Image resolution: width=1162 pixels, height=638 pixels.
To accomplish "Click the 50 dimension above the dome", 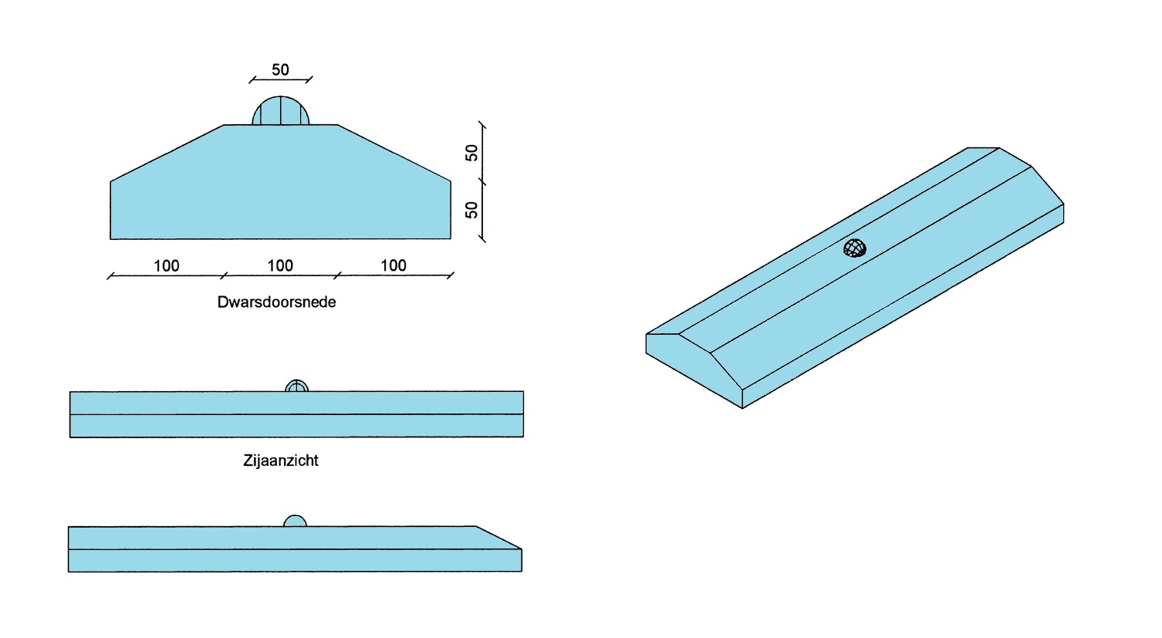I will (280, 69).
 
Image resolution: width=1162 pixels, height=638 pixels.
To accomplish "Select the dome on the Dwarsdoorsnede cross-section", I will (281, 112).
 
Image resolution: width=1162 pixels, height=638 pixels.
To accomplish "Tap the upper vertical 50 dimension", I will (471, 152).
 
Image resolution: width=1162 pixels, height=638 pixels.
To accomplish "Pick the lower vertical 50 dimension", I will (471, 210).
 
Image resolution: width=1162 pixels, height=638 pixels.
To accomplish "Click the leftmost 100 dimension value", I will (167, 265).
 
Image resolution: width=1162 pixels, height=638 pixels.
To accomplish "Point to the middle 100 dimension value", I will (280, 265).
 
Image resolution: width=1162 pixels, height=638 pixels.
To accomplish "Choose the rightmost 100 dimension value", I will (394, 265).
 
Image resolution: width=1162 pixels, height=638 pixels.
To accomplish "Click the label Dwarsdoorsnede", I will (276, 302).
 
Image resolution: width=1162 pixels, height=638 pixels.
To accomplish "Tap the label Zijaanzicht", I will (281, 461).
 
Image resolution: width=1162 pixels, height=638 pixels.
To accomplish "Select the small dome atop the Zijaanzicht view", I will (297, 386).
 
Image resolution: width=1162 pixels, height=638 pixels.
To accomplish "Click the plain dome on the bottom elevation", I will (295, 522).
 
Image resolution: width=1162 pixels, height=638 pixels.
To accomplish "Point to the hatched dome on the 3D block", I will (855, 248).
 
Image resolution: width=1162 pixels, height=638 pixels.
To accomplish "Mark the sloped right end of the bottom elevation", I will (500, 538).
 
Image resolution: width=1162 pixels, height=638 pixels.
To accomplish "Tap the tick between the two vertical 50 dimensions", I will (482, 181).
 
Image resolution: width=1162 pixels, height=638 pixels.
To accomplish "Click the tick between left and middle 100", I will (224, 275).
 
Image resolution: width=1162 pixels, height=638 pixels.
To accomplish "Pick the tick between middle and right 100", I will (337, 275).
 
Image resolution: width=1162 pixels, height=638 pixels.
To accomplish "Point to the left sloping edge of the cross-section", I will (167, 153).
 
